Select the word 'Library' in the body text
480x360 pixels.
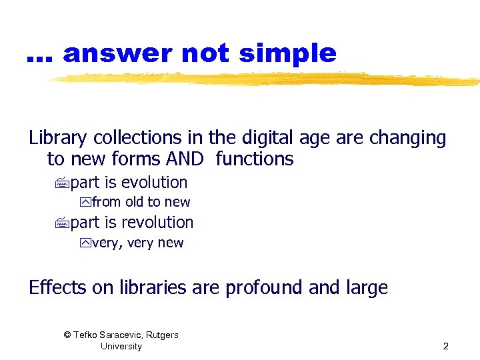[58, 139]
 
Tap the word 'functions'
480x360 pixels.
[255, 159]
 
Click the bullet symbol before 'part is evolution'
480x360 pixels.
[63, 183]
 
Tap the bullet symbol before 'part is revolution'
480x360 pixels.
[63, 223]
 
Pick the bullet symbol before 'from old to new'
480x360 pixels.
[85, 203]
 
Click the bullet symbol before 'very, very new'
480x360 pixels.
[85, 243]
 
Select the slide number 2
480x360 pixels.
[445, 346]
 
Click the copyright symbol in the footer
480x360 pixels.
[67, 335]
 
